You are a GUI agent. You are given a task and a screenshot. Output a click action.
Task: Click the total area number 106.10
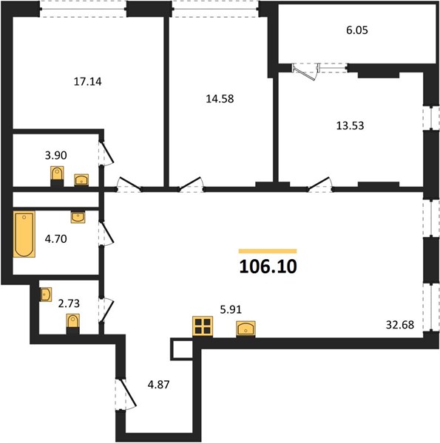pyautogui.click(x=268, y=267)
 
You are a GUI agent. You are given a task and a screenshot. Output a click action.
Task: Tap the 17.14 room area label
pyautogui.click(x=87, y=82)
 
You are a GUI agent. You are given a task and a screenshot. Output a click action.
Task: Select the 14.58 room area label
pyautogui.click(x=220, y=99)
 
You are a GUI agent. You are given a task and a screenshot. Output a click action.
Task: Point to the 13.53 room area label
pyautogui.click(x=350, y=126)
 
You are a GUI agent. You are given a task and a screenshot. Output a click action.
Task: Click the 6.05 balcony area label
pyautogui.click(x=357, y=30)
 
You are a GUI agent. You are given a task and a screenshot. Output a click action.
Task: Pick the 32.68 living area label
pyautogui.click(x=400, y=325)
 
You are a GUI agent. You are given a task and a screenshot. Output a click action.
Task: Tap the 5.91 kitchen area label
pyautogui.click(x=231, y=309)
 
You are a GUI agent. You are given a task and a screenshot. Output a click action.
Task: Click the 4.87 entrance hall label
pyautogui.click(x=158, y=385)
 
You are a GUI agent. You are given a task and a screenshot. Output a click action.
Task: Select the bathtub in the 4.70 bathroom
pyautogui.click(x=24, y=234)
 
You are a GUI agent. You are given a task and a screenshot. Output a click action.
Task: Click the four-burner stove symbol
pyautogui.click(x=203, y=326)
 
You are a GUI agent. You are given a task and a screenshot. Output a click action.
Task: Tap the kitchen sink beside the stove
pyautogui.click(x=246, y=329)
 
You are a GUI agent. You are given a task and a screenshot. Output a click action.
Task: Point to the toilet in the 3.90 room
pyautogui.click(x=57, y=176)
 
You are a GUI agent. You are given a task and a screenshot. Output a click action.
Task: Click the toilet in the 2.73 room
pyautogui.click(x=73, y=324)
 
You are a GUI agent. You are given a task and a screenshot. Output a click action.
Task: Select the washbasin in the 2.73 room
pyautogui.click(x=46, y=295)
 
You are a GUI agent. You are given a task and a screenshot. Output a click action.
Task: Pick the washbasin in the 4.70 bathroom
pyautogui.click(x=78, y=217)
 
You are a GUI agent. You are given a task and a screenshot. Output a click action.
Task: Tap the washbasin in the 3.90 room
pyautogui.click(x=81, y=180)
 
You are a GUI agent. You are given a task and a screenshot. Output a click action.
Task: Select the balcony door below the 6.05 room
pyautogui.click(x=306, y=72)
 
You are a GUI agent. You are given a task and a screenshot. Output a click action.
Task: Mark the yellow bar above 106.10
pyautogui.click(x=268, y=251)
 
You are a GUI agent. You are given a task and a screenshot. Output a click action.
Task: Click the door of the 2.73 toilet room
pyautogui.click(x=106, y=310)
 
